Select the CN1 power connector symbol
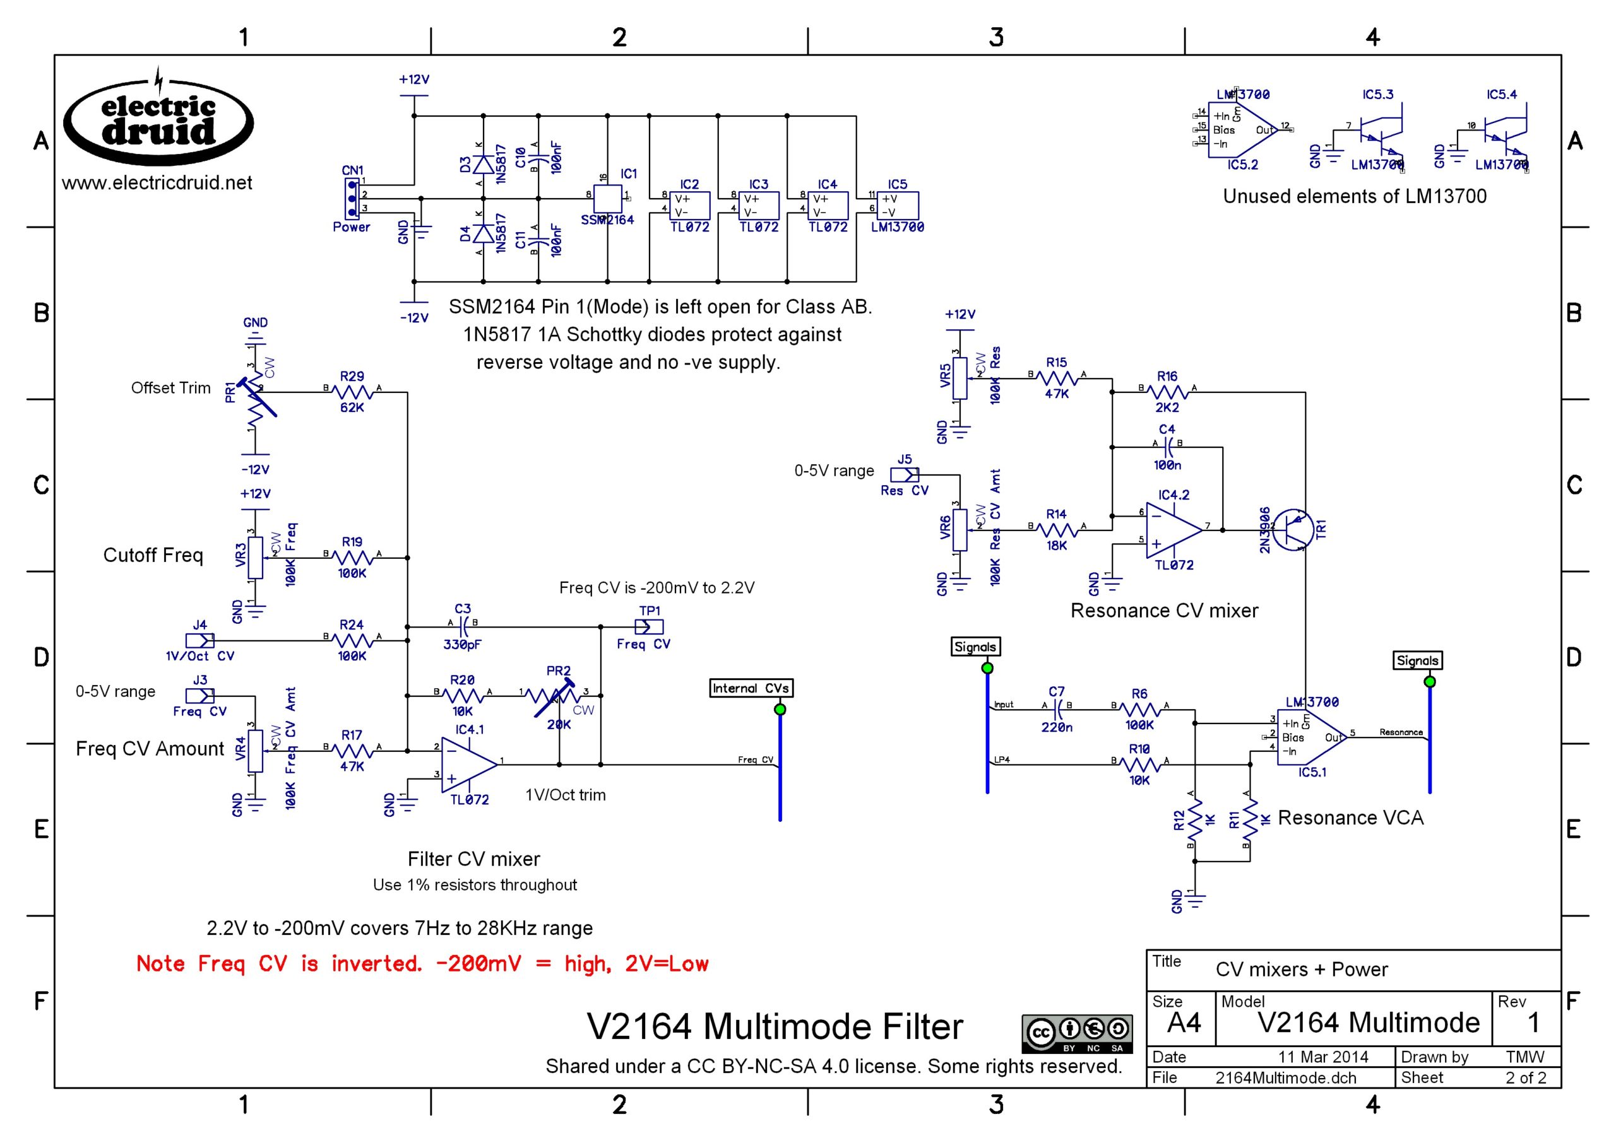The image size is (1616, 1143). coord(352,199)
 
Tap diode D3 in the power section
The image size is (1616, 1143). coord(482,165)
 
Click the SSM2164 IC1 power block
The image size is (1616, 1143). coord(608,199)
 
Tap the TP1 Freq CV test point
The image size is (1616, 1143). coord(648,626)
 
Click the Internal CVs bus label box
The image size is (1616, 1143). coord(751,688)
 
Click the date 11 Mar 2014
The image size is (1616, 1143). coord(1323,1057)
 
